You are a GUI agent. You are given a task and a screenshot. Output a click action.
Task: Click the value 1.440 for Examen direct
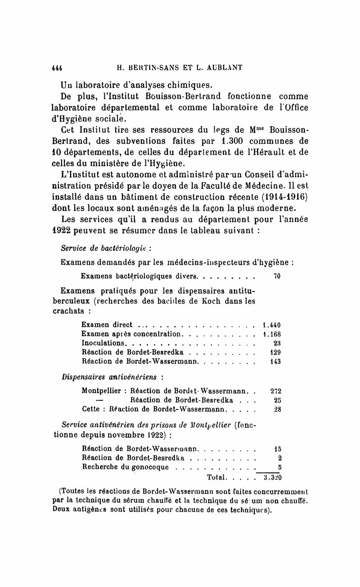tap(271, 325)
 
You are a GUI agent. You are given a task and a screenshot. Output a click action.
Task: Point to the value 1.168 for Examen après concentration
tap(271, 334)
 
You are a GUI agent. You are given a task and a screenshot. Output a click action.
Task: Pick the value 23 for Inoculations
tap(277, 343)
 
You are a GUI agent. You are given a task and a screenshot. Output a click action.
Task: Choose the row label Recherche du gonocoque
tap(126, 467)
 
